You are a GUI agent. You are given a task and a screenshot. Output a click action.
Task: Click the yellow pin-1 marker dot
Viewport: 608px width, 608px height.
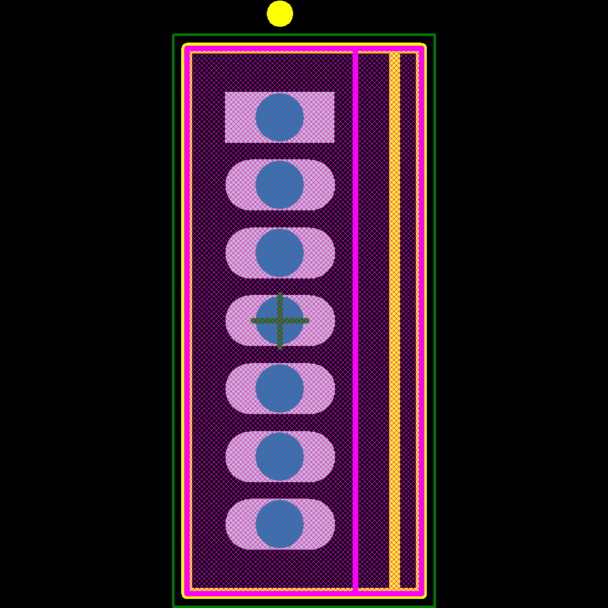[x=280, y=13]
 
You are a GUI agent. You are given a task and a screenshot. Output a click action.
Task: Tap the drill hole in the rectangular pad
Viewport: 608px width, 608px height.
[x=280, y=117]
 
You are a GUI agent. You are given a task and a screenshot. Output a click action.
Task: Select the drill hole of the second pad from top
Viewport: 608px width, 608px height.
[x=280, y=185]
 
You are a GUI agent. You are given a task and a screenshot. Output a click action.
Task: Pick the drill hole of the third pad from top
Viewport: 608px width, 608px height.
[x=280, y=253]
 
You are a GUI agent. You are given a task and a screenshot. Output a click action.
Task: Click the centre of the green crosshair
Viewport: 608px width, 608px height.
[x=280, y=320]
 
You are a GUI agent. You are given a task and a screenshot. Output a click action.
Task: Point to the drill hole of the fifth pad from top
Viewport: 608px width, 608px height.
[x=280, y=389]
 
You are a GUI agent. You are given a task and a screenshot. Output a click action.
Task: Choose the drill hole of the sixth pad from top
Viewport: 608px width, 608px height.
[x=280, y=457]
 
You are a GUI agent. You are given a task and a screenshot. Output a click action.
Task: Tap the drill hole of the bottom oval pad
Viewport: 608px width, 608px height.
[x=280, y=524]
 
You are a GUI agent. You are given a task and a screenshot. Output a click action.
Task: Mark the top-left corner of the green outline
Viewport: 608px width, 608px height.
[x=174, y=35]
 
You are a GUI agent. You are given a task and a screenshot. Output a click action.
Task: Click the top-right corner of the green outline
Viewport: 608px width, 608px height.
[x=435, y=35]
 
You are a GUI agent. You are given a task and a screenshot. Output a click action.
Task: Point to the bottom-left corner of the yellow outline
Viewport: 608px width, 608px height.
[x=184, y=596]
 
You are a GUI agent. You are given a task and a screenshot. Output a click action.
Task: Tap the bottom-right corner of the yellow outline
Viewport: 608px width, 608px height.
[x=424, y=596]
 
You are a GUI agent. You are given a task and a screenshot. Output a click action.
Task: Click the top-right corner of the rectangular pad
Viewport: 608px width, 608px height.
[x=334, y=92]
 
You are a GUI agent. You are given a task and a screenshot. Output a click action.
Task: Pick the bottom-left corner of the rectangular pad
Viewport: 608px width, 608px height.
[x=226, y=142]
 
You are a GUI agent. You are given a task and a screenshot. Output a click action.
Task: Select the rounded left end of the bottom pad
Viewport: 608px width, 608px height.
[x=227, y=524]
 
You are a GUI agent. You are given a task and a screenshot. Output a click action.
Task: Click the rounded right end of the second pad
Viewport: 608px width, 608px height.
[x=333, y=185]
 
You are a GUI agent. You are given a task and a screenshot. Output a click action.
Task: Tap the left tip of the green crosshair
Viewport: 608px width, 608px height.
[x=252, y=320]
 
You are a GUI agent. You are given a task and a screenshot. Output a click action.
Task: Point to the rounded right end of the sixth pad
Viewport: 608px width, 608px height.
[x=333, y=457]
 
